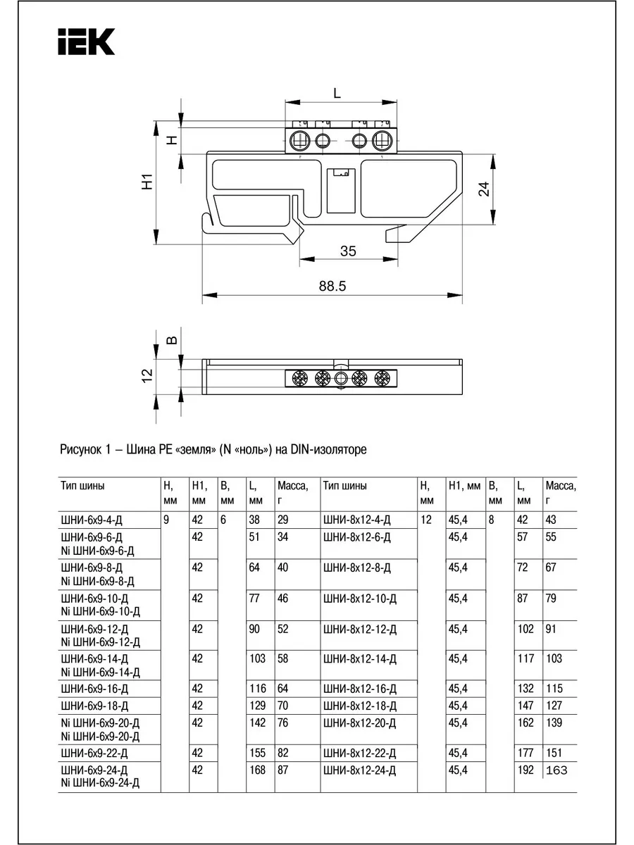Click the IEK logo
click(x=86, y=42)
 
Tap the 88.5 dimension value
click(x=332, y=287)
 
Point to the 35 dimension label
click(x=348, y=251)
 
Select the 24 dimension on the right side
click(x=484, y=189)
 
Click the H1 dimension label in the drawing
click(x=147, y=182)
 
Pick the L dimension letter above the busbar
click(x=337, y=93)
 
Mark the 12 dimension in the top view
click(x=147, y=375)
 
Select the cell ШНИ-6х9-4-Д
click(x=92, y=520)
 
